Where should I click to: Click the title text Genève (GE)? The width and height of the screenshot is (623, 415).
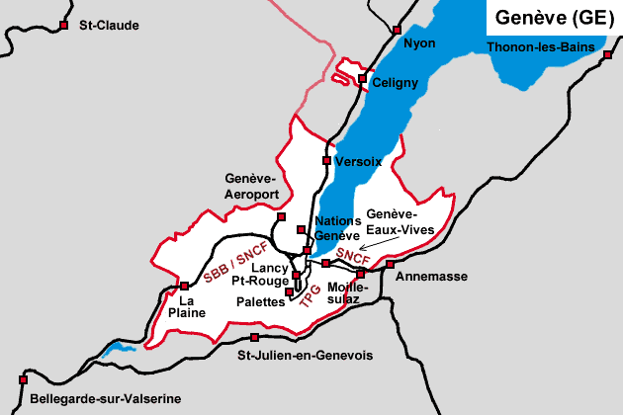coord(551,19)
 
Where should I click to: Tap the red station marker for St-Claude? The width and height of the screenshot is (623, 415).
coord(64,25)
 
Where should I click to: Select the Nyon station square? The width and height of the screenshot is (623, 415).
coord(398,30)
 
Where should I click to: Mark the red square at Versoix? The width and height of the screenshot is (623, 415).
coord(327,160)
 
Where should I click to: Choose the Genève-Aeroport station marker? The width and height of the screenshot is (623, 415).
coord(281,216)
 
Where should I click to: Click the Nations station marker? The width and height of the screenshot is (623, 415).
coord(302,229)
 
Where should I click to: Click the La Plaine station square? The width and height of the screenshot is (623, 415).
coord(184,286)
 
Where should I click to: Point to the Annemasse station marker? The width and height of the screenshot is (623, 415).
coord(390,264)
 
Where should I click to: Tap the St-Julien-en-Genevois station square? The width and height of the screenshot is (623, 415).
coord(255,337)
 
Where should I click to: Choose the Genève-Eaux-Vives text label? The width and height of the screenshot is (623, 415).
coord(393,220)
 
